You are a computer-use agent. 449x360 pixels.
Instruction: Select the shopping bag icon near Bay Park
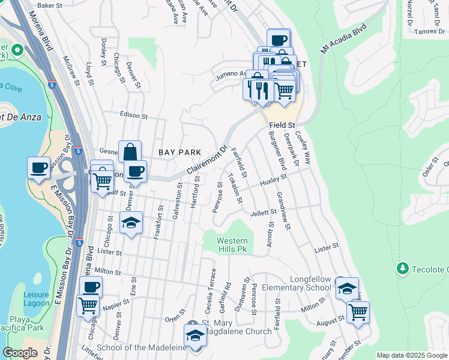[x=129, y=152]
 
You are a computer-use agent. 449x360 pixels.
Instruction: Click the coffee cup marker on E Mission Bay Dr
[x=38, y=167]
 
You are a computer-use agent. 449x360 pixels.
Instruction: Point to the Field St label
[x=282, y=125]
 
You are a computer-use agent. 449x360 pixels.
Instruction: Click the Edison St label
[x=134, y=115]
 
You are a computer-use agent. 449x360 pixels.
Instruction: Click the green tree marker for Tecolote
[x=402, y=268]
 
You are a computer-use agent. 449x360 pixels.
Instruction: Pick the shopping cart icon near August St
[x=358, y=311]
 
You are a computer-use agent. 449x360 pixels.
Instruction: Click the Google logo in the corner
[x=20, y=353]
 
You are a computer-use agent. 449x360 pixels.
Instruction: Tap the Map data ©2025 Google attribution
[x=411, y=356]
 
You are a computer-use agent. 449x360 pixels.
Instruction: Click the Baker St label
[x=50, y=5]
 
